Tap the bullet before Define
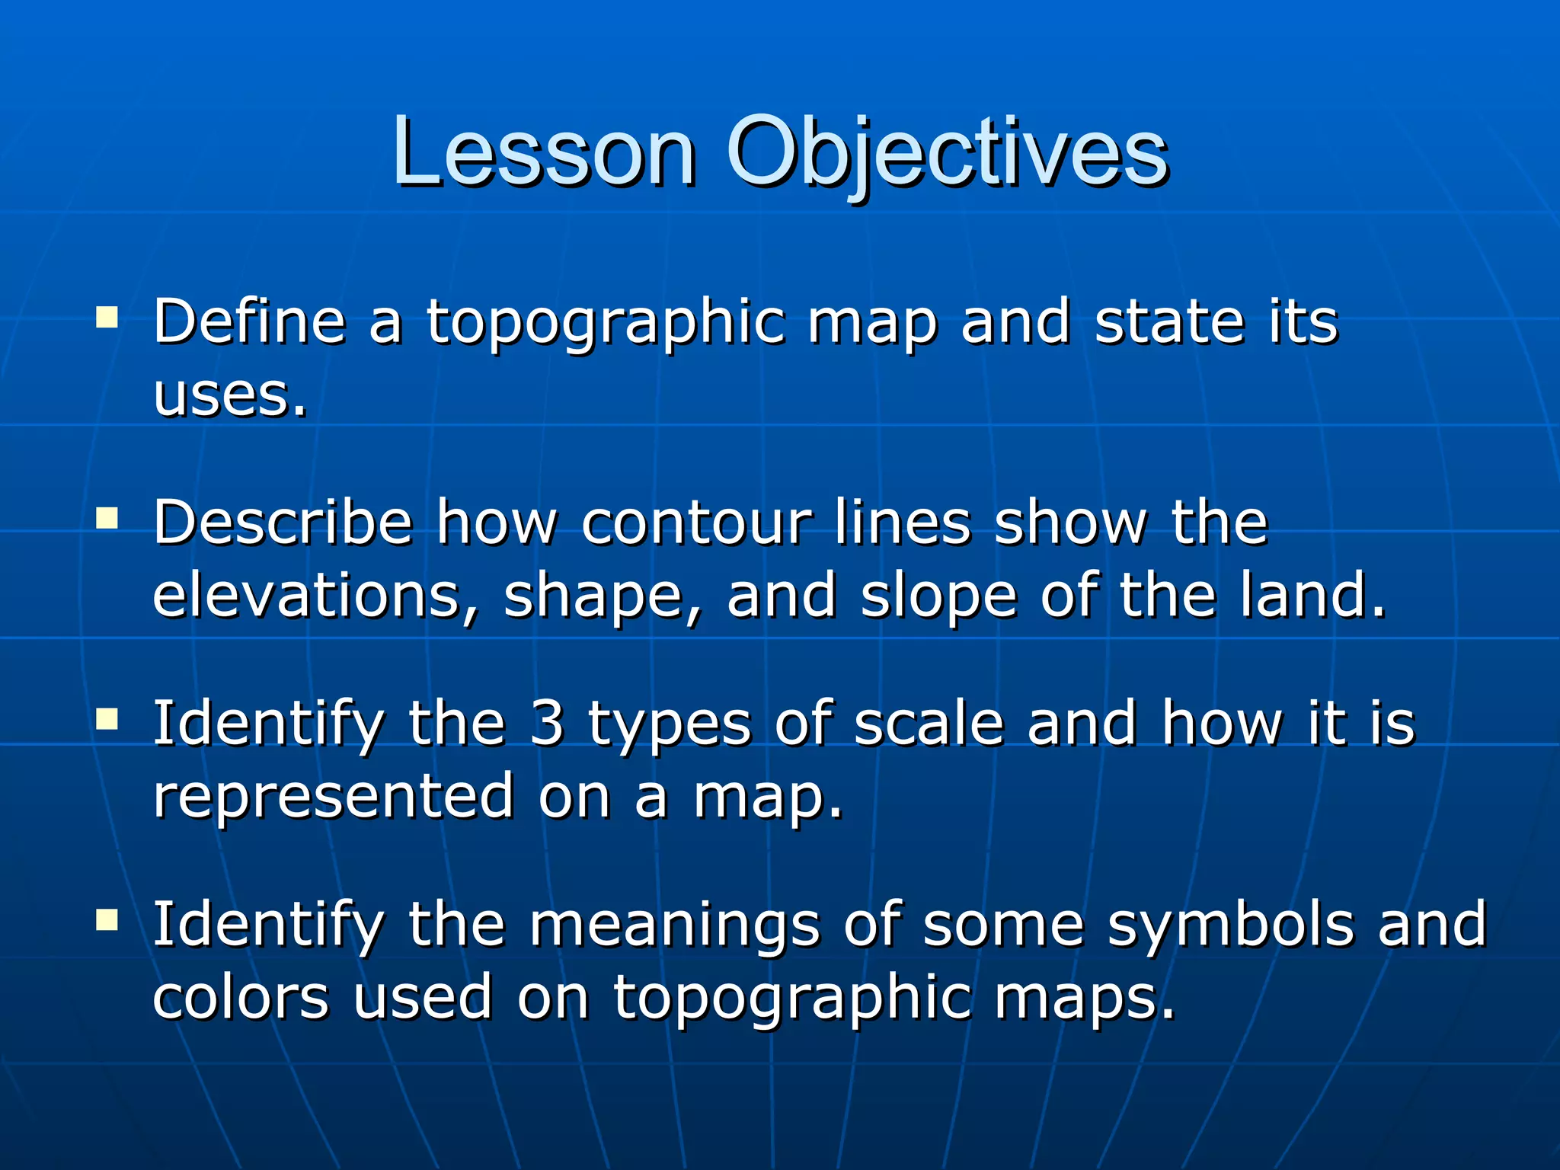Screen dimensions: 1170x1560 tap(107, 317)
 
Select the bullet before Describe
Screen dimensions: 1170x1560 tap(107, 519)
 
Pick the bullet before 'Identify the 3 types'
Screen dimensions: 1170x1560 tap(107, 719)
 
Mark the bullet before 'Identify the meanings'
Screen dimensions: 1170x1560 tap(107, 920)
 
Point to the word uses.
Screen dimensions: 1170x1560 tap(230, 396)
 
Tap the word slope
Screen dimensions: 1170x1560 tap(938, 597)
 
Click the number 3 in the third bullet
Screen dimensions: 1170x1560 tap(547, 724)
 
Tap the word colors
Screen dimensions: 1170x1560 tap(241, 998)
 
